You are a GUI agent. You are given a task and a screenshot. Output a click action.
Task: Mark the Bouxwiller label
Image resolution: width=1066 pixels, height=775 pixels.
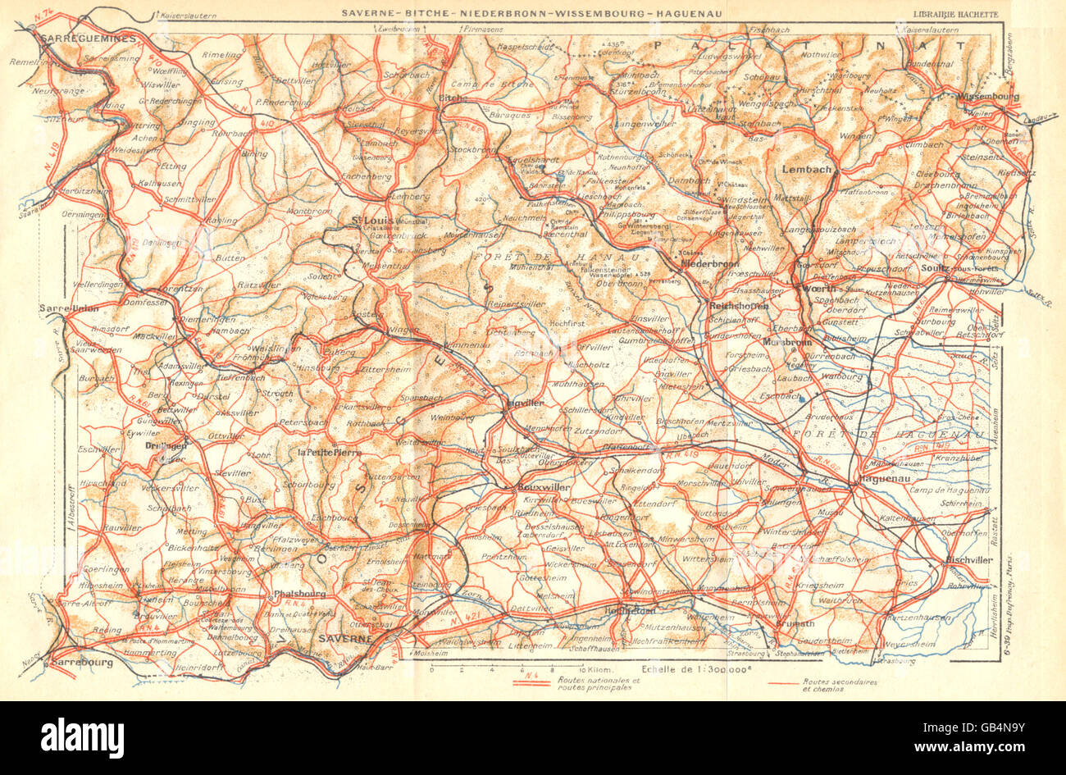(544, 486)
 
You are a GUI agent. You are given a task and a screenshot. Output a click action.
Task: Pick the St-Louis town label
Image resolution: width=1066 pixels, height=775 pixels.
(366, 220)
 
